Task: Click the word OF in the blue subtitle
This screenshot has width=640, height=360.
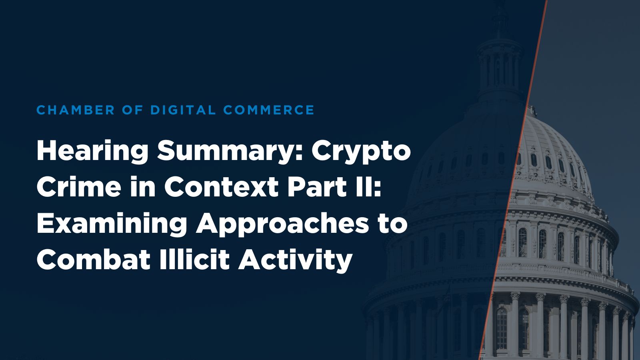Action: point(133,110)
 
